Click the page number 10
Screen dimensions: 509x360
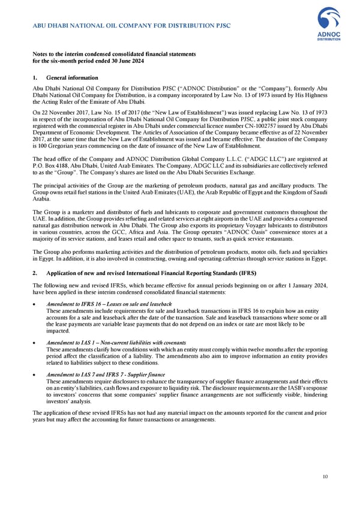[325, 477]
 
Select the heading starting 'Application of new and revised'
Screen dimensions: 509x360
[142, 273]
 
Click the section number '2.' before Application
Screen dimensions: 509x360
[35, 273]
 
